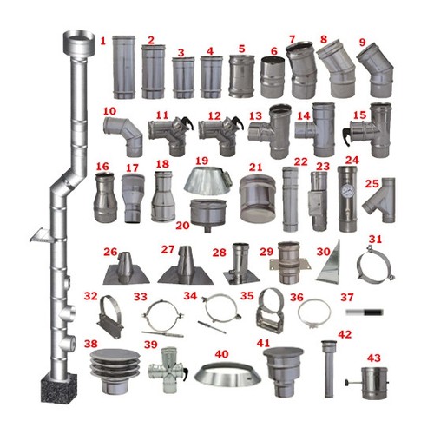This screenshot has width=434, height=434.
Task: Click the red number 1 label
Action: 103,41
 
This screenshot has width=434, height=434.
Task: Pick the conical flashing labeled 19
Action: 207,181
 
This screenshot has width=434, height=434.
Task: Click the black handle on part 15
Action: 346,135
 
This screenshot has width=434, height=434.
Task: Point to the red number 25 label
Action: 372,184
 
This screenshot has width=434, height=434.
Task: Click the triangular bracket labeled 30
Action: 328,264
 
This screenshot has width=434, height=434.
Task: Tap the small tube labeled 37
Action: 365,312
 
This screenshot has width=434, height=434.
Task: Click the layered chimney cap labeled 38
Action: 115,372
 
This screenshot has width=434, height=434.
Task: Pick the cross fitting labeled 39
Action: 168,371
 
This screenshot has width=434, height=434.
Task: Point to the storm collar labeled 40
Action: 227,376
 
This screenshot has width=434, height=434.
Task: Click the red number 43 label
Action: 374,358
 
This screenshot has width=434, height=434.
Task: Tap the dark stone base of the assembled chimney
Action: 59,388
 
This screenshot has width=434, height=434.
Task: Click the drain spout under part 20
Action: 207,229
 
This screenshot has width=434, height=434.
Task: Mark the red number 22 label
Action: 301,161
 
